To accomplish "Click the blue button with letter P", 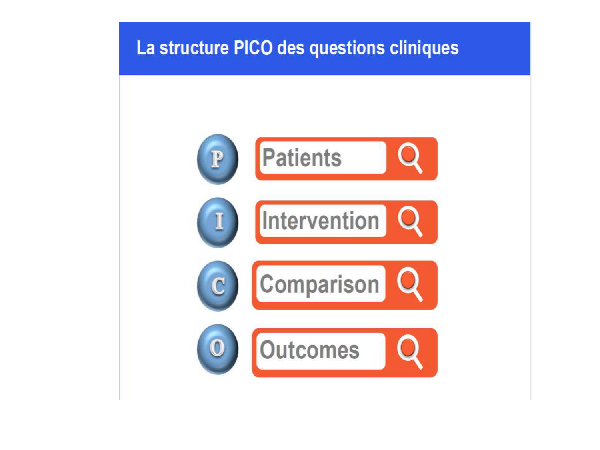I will [217, 159].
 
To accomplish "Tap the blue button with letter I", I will [218, 222].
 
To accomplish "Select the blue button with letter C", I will [218, 286].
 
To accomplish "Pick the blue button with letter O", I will [218, 349].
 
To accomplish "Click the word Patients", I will [302, 158].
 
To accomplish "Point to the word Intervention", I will [320, 221].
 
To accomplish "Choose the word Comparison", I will [319, 284].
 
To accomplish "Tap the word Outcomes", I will [310, 350].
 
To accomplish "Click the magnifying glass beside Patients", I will [410, 158].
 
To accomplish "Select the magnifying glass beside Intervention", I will [410, 221].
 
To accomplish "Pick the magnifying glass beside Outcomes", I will [410, 352].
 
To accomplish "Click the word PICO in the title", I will [253, 48].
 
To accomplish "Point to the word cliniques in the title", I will [424, 48].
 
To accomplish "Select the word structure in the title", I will [194, 48].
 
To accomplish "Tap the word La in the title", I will [145, 48].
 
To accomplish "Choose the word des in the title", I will [291, 48].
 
